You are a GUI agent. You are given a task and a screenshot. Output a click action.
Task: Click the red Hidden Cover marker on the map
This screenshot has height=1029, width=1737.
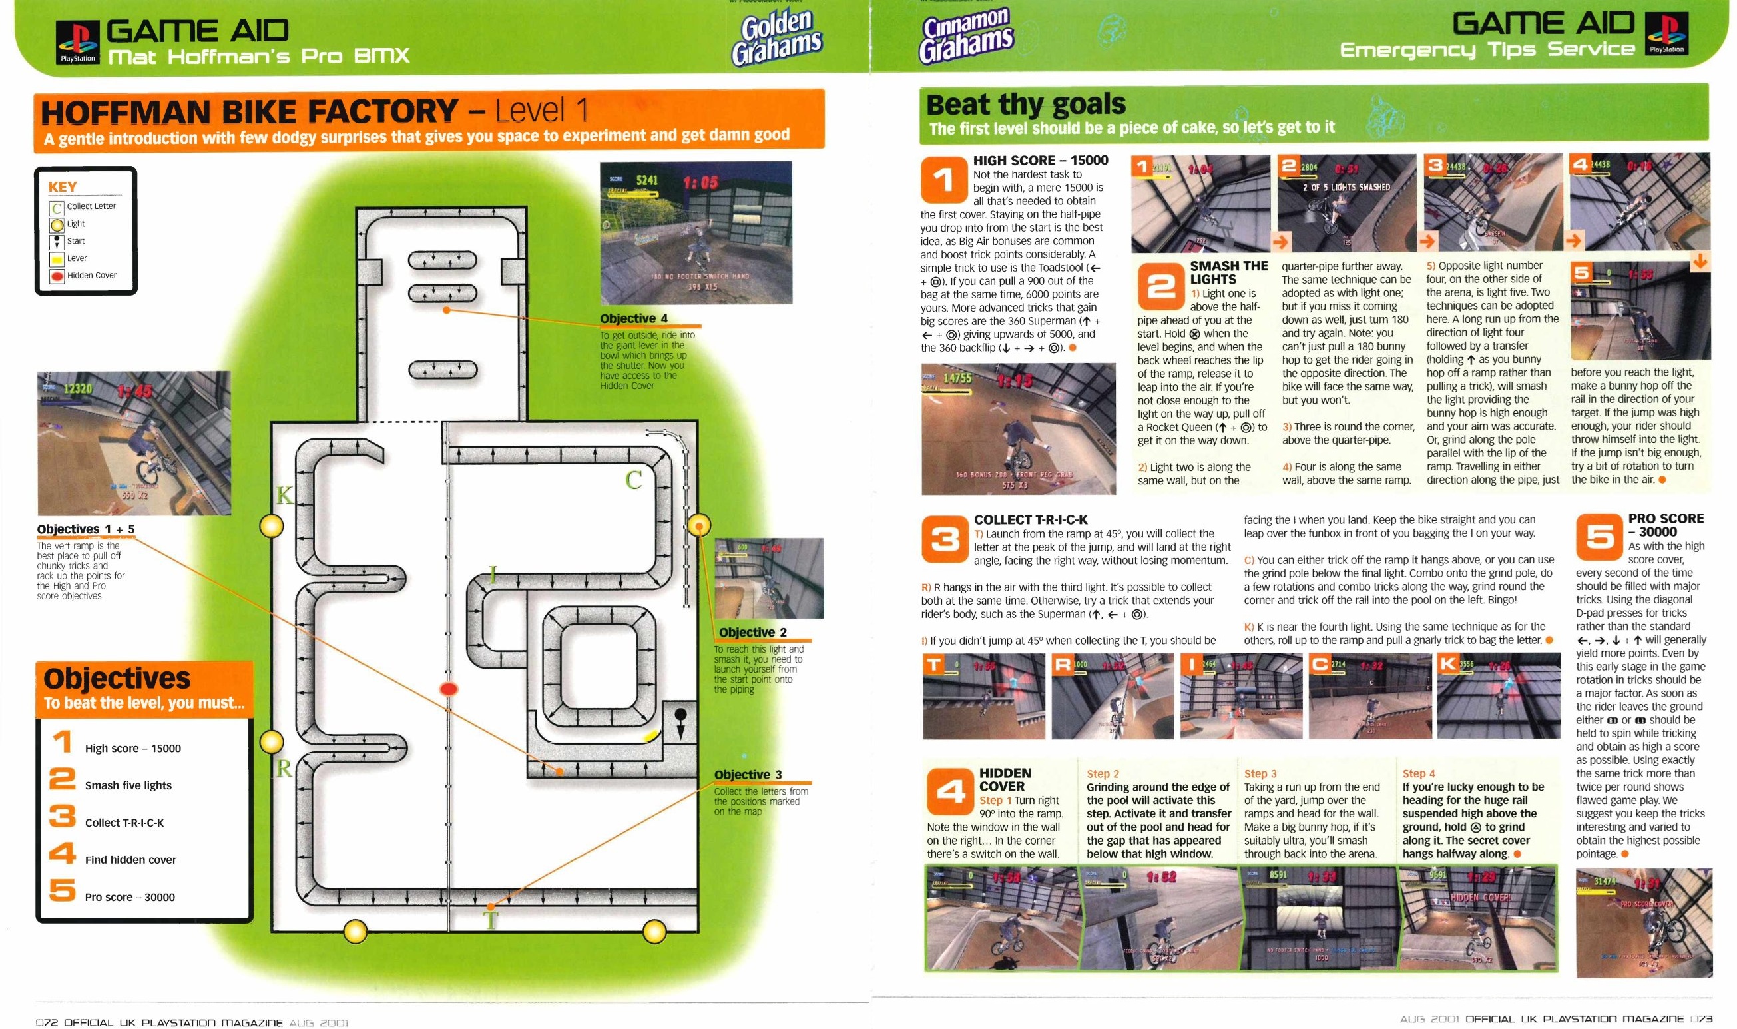449,689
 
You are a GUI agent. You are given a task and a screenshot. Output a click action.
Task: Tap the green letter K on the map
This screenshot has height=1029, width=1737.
284,495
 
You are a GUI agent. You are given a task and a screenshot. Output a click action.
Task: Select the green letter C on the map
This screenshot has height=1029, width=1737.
634,479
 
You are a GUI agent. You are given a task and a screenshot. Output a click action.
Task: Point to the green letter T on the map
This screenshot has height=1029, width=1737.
491,921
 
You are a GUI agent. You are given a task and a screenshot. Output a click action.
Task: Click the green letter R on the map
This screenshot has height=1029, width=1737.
284,769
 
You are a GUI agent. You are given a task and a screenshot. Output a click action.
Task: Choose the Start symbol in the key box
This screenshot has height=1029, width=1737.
56,241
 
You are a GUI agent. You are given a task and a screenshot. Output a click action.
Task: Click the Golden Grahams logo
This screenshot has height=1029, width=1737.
777,38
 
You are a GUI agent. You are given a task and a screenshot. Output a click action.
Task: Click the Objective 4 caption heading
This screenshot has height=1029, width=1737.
634,318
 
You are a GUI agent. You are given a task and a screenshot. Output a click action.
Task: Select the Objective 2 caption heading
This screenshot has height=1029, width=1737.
753,632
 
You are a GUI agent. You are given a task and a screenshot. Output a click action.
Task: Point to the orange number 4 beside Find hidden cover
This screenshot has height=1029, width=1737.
63,853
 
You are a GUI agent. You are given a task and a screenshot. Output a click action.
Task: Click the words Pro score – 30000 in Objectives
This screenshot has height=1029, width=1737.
130,897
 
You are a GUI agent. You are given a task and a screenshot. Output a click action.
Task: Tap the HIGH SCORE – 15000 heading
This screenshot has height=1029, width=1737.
1040,160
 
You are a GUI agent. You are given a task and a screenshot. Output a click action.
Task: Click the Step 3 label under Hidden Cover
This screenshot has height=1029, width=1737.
1260,773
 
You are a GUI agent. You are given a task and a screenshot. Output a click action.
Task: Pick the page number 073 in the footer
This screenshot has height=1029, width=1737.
1701,1018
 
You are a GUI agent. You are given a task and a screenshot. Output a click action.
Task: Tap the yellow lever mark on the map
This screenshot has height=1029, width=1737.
651,736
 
